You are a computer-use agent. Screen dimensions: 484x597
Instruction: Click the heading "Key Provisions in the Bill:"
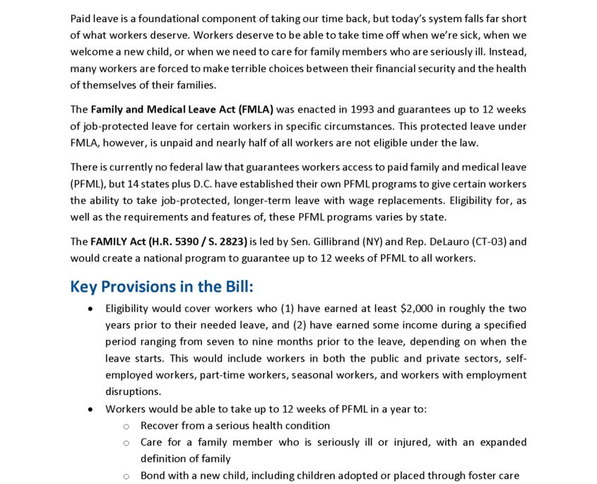(161, 287)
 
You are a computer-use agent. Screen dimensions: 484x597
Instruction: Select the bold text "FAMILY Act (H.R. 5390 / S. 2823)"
(169, 242)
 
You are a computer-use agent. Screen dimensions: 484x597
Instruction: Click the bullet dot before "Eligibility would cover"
(90, 309)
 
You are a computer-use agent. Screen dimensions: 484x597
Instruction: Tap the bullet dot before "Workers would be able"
(90, 410)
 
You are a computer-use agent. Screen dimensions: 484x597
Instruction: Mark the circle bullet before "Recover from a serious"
(126, 426)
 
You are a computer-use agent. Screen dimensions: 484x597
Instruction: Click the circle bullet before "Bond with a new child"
(126, 476)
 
